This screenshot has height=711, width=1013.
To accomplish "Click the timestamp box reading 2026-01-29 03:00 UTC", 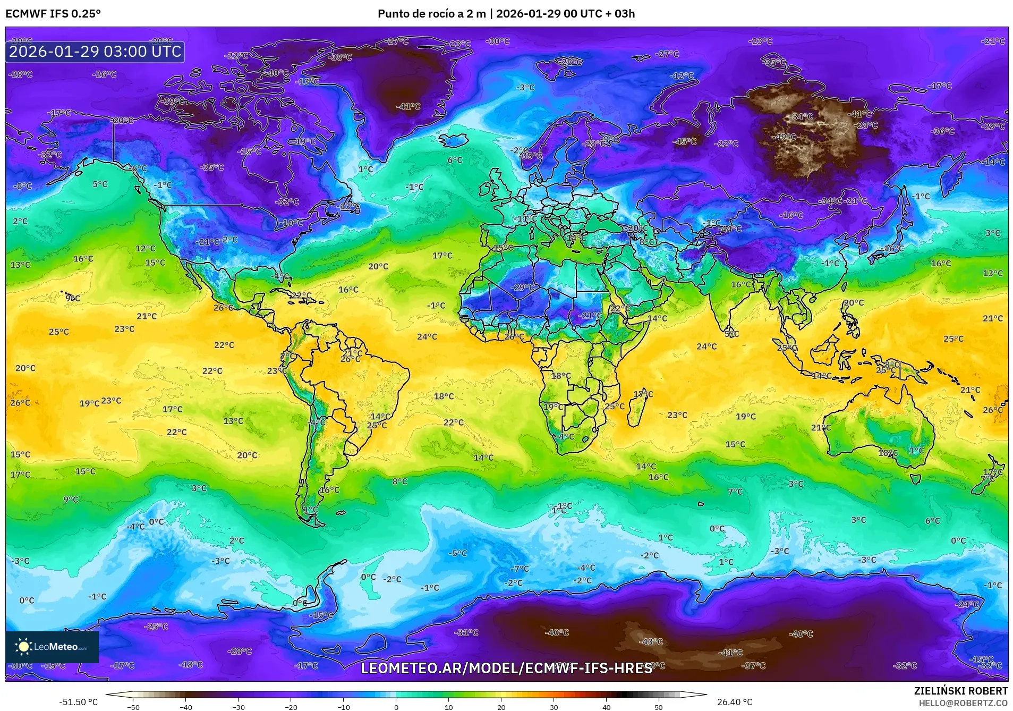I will pos(95,52).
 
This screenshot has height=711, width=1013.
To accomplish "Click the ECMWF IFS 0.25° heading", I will pos(53,14).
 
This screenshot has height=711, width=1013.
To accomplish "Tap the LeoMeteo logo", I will pos(52,647).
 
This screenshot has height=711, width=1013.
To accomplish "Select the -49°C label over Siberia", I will pos(786,137).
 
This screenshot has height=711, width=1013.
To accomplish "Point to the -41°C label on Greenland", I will pos(408,106).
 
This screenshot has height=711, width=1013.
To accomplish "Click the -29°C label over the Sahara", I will pos(523,287).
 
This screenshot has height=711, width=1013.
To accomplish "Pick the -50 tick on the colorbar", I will pos(133,707).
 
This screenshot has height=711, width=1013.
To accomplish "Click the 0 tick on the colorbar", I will pos(396,707).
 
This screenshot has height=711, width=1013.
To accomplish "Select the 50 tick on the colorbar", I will pos(659,707).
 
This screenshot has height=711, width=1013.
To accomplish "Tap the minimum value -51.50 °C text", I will pos(79,702).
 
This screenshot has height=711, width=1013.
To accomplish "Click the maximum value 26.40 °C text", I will pos(735,702).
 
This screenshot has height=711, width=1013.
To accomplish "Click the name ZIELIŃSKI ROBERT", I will pos(960,691).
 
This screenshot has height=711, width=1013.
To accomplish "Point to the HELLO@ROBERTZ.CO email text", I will pos(963,703).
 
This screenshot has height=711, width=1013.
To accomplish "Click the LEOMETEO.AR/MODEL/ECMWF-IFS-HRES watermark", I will pos(506,668).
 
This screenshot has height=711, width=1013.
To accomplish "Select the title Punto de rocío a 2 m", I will pos(431,14).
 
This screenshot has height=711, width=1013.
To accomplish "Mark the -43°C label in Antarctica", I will pos(651,641).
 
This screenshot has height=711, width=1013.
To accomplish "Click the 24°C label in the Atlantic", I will pos(427,336).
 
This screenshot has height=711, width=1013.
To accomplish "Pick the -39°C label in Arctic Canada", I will pos(173,101).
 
